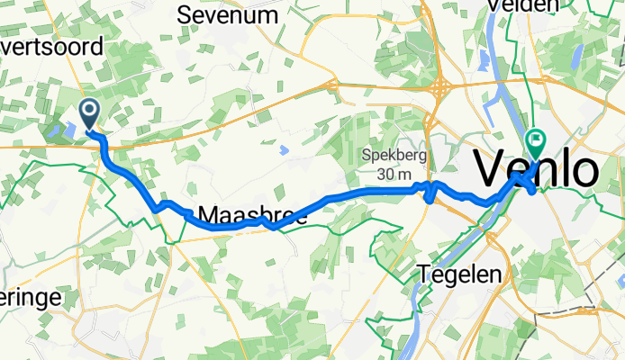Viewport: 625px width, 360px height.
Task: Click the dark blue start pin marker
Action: point(91,113)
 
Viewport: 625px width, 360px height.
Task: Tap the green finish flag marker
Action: point(538,140)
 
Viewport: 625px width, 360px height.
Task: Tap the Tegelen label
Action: point(459,274)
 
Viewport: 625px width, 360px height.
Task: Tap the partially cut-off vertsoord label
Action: point(52,49)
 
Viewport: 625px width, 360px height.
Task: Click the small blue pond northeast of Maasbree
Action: point(285,149)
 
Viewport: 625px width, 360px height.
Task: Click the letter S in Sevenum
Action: point(186,14)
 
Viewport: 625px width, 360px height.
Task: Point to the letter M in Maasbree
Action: point(208,216)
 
